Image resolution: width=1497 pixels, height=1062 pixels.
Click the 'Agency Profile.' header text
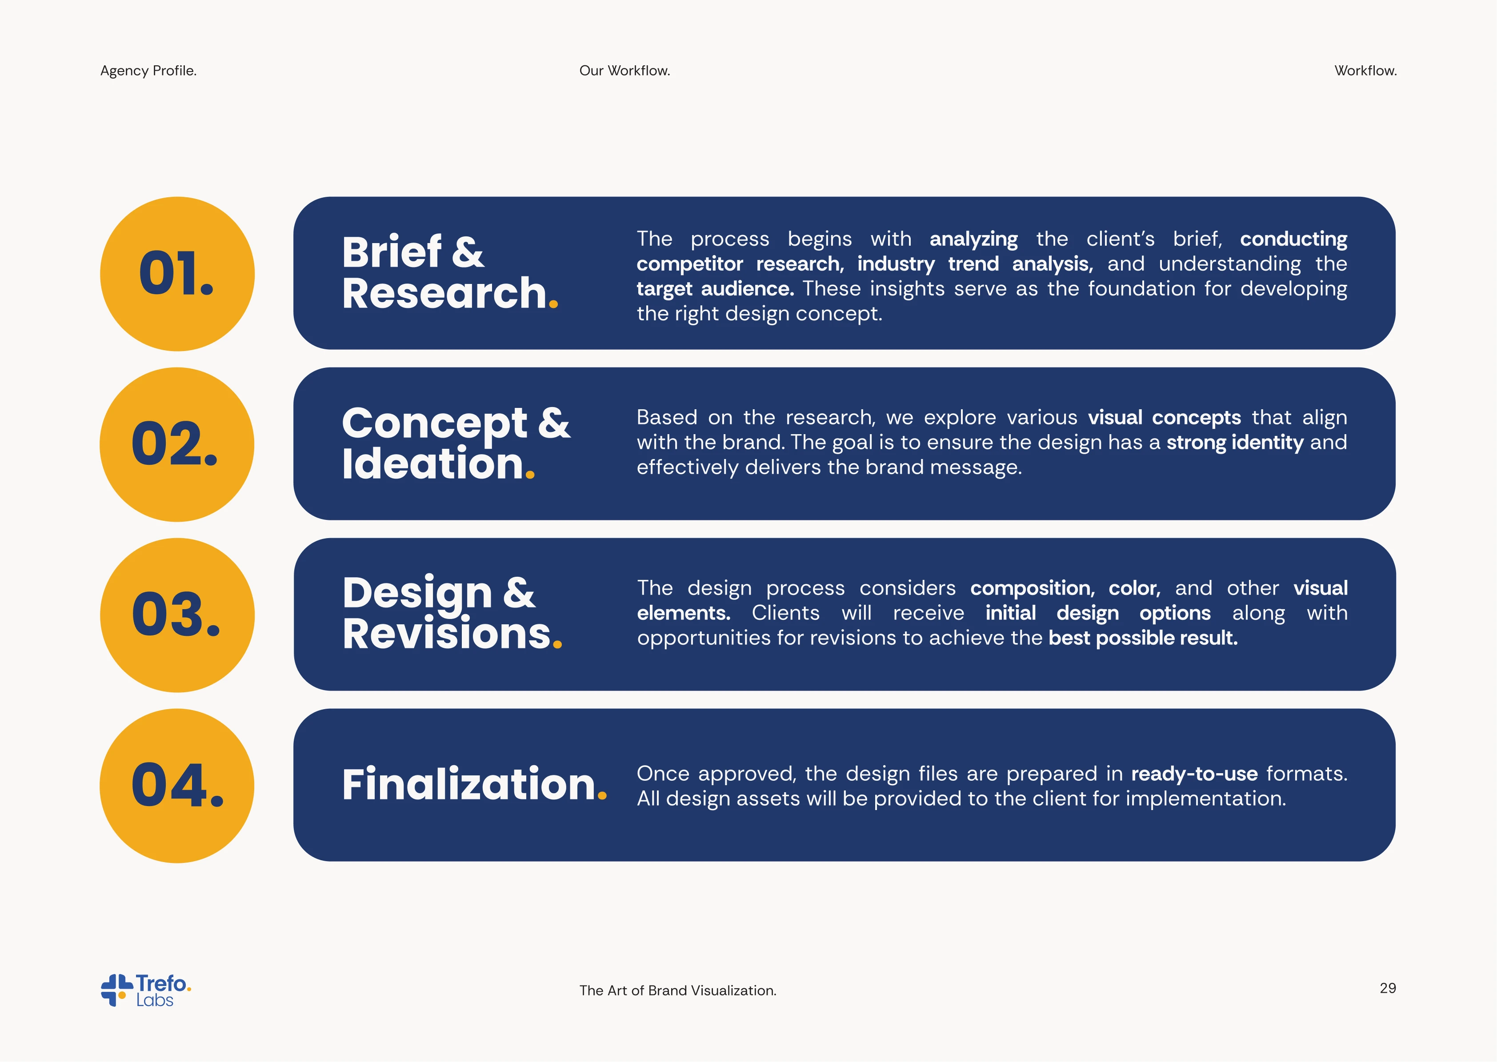[148, 71]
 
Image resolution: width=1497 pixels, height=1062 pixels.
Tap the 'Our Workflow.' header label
[624, 71]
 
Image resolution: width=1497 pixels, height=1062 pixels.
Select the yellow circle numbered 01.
[177, 274]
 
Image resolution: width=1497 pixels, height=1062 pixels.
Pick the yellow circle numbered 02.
[177, 445]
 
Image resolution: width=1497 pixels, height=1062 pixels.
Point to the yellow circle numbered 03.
[177, 615]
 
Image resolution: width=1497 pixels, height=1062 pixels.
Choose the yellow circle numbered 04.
[177, 786]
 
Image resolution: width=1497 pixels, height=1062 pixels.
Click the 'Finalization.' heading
[474, 784]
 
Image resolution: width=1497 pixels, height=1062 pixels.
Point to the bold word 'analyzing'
[974, 240]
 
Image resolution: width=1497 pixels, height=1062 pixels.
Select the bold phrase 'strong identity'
[1235, 443]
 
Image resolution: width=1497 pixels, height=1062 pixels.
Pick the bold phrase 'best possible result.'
[1143, 638]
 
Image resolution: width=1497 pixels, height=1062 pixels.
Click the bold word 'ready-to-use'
[1195, 774]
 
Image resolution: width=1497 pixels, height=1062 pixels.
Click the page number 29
[1388, 988]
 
